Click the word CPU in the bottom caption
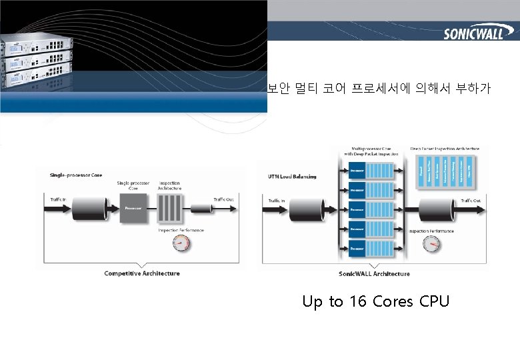click(x=435, y=302)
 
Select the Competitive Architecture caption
click(x=142, y=273)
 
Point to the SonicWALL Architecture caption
click(x=374, y=273)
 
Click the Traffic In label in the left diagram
click(x=59, y=198)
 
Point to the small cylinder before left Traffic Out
click(x=200, y=209)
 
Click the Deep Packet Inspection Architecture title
click(x=445, y=149)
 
